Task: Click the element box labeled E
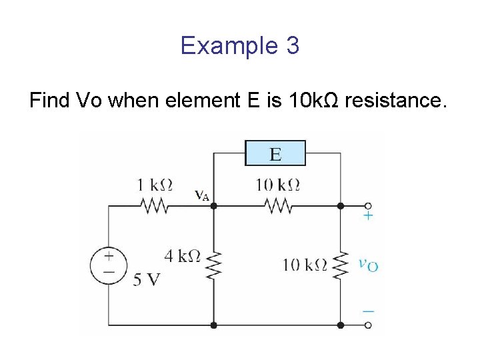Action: coord(275,153)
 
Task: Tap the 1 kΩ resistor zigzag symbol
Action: coord(154,206)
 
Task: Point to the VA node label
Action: coord(201,195)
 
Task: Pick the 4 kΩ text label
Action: coord(182,255)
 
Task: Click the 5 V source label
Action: coord(146,279)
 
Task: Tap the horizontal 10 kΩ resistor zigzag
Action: coord(277,206)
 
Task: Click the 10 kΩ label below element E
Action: coord(277,185)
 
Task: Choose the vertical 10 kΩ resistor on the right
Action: coord(341,265)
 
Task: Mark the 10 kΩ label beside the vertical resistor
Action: coord(305,265)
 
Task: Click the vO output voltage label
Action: coord(368,265)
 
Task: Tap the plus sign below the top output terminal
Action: coord(367,216)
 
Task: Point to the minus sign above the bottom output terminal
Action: coord(368,311)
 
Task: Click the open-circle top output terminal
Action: coord(368,206)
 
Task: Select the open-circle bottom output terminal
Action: coord(368,325)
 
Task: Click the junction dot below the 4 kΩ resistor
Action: coord(213,325)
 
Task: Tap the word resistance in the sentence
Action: coord(393,101)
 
